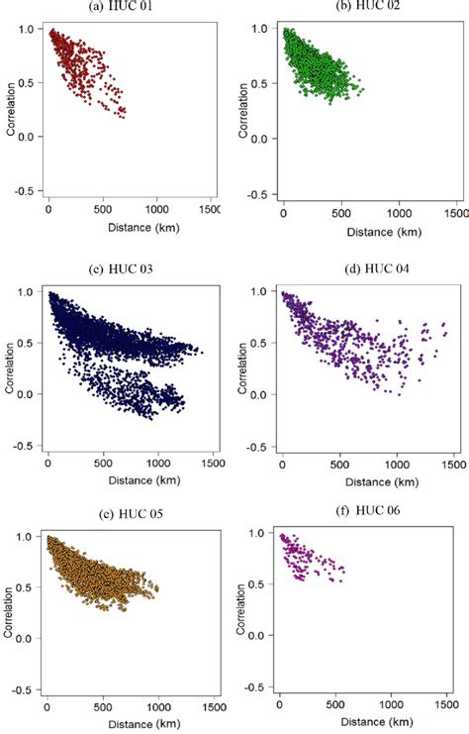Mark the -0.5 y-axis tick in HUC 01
[27, 190]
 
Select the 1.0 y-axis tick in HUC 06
[261, 533]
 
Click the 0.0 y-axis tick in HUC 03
[29, 394]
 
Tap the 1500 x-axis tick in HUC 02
[454, 213]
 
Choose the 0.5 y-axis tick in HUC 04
[261, 342]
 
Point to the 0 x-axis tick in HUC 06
[280, 704]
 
